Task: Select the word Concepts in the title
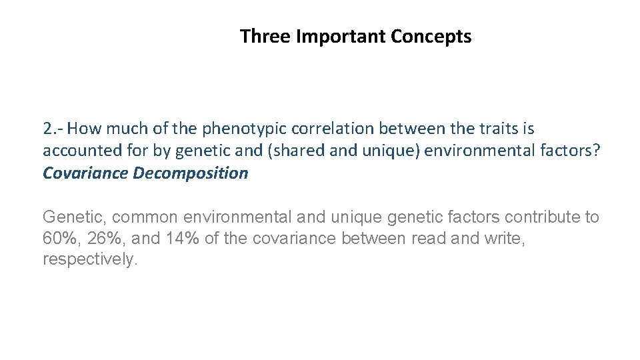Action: [431, 36]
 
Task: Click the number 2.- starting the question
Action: [53, 128]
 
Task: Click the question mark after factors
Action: [597, 151]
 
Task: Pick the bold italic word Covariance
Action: [85, 173]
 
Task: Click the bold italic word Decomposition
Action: [191, 173]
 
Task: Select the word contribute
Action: [543, 217]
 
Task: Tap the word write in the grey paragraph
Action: [505, 239]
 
